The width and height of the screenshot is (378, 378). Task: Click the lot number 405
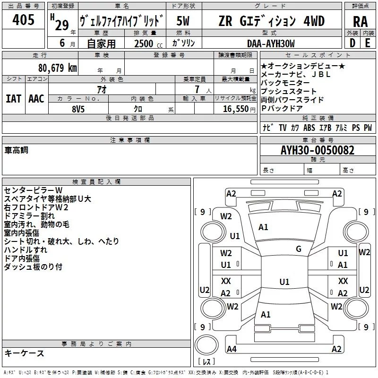coord(23,20)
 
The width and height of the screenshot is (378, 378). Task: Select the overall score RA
coord(360,21)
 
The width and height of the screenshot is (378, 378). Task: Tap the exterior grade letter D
coord(352,43)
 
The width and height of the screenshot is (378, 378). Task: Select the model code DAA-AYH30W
coord(271,43)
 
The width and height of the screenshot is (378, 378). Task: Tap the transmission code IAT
coord(13,98)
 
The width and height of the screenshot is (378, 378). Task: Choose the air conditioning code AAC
coord(36,98)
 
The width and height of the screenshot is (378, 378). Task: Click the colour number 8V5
coord(78,109)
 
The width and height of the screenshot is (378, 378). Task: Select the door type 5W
coord(183,21)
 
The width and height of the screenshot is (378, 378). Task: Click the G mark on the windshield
coord(299,249)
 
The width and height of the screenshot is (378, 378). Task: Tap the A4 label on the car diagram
coord(231,349)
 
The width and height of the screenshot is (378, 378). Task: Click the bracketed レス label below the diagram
coord(206,361)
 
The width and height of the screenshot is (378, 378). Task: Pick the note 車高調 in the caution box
coord(17,150)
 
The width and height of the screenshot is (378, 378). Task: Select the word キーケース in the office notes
coord(25,353)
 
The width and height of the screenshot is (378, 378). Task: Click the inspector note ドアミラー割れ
coord(29,216)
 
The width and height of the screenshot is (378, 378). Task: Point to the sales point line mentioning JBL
coord(296,74)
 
